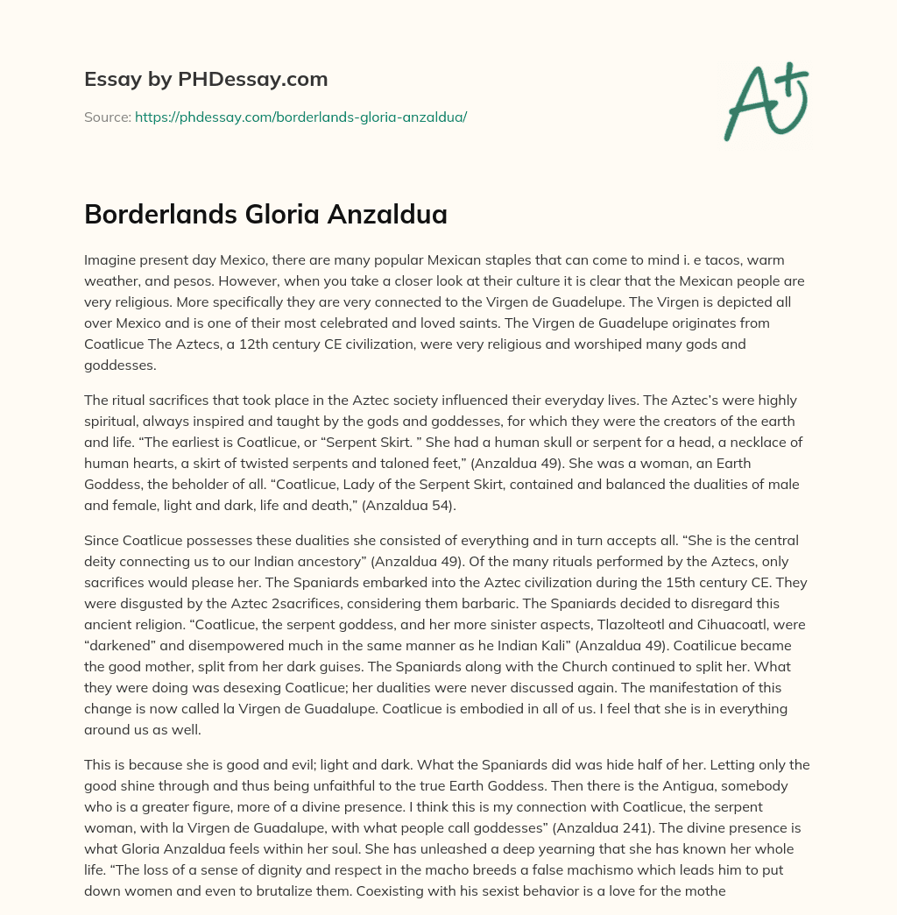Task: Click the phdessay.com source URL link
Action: pyautogui.click(x=300, y=117)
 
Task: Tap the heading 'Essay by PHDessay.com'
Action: pyautogui.click(x=206, y=79)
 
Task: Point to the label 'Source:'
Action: pyautogui.click(x=107, y=117)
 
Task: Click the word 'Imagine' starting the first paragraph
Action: pyautogui.click(x=110, y=262)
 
